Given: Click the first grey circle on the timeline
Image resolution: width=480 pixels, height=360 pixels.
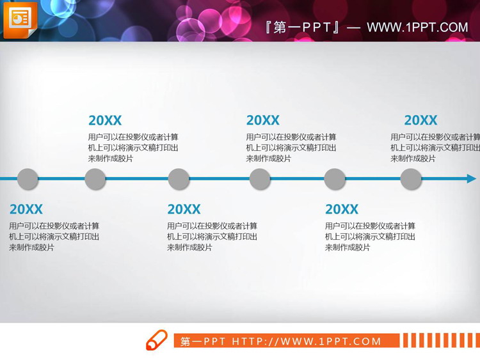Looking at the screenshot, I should point(27,179).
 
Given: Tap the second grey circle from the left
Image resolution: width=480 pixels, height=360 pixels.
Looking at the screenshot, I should point(95,179).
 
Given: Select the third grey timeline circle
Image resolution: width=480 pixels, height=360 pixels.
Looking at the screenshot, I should point(179,179).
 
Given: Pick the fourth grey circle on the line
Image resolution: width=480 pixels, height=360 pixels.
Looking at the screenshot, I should point(260,179).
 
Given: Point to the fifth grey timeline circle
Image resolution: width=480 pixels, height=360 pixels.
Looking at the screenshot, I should point(335,179).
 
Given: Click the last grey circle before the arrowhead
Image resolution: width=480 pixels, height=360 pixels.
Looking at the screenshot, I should point(411,179).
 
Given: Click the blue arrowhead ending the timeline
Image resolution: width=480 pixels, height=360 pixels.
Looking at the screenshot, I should point(471,179).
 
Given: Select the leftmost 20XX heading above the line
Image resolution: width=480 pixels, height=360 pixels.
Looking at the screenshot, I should point(105,120).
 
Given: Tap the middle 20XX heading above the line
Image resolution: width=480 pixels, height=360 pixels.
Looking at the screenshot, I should point(263,120).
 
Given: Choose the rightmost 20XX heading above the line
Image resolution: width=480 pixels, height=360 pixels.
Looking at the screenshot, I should point(420,120).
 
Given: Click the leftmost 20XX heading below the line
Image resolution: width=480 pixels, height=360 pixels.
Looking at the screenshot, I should point(26,209).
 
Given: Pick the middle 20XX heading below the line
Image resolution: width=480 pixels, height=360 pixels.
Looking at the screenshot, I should point(184,209).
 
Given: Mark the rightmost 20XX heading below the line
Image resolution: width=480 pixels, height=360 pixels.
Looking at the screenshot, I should point(342,209).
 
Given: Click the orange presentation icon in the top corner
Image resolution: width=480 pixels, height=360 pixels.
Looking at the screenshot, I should point(20,19).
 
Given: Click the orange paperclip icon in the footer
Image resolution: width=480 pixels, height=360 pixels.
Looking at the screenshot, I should point(157,340).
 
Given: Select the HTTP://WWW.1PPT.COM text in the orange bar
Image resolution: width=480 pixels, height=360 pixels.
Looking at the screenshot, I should point(307,341).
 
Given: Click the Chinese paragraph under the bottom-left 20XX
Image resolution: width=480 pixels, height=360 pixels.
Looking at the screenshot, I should point(54,237).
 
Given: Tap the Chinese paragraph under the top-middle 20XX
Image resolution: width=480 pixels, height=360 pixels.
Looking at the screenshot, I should point(291,148).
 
